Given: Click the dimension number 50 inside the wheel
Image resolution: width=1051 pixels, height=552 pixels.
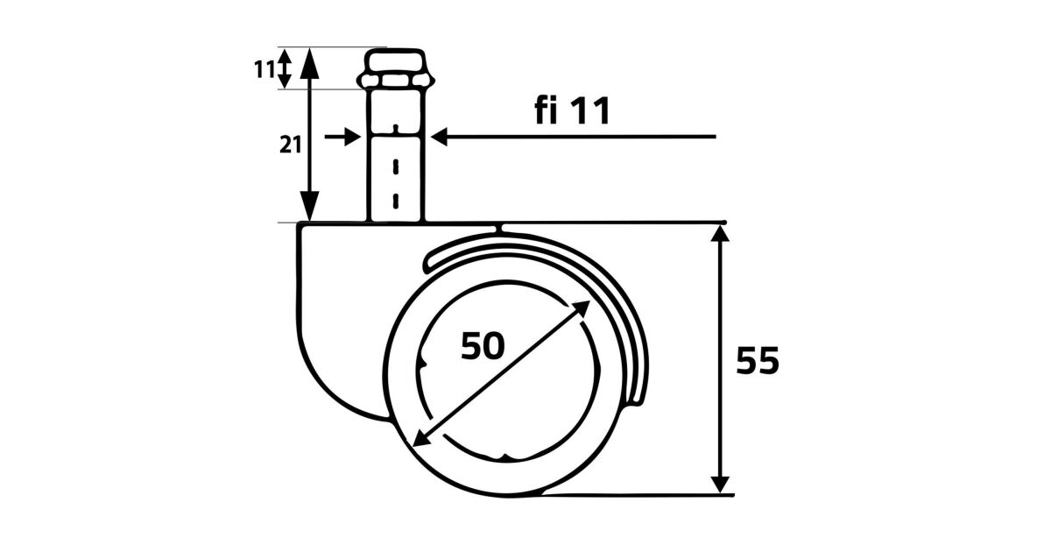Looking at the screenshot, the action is [x=483, y=346].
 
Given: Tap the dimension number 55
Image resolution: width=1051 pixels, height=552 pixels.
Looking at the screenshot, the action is [x=758, y=360].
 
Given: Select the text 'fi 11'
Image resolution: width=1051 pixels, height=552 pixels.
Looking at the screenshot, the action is [x=573, y=110].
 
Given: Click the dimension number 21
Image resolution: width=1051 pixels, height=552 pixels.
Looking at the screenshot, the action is [x=290, y=145].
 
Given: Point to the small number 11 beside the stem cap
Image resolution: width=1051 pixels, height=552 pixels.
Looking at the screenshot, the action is [x=265, y=69].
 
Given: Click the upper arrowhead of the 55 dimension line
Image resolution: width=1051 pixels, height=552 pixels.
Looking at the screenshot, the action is [x=720, y=233].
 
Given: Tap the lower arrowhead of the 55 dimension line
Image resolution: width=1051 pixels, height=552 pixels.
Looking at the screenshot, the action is [x=720, y=484].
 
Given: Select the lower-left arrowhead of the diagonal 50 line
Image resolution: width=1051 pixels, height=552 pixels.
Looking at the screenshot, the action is [x=420, y=438].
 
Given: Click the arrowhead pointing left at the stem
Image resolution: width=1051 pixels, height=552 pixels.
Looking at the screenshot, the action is [x=439, y=137].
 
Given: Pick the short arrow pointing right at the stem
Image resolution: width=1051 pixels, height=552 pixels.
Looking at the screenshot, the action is [x=342, y=137].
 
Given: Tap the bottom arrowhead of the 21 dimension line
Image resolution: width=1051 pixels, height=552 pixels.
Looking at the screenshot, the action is [x=309, y=206].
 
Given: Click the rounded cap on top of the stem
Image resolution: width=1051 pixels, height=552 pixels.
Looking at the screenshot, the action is [x=395, y=60].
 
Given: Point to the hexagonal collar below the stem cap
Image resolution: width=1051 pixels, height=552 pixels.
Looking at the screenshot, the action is [x=396, y=81].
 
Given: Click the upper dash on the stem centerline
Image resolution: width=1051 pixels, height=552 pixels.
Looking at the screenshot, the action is [x=396, y=166].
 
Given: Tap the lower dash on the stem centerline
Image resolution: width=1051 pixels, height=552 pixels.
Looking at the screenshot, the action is [x=396, y=201].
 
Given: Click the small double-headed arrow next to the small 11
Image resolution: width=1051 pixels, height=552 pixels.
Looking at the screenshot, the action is [x=285, y=68].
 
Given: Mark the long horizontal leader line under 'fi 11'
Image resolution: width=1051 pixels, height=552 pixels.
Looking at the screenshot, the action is [x=574, y=137].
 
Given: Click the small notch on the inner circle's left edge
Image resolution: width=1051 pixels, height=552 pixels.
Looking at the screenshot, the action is [x=422, y=363].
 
